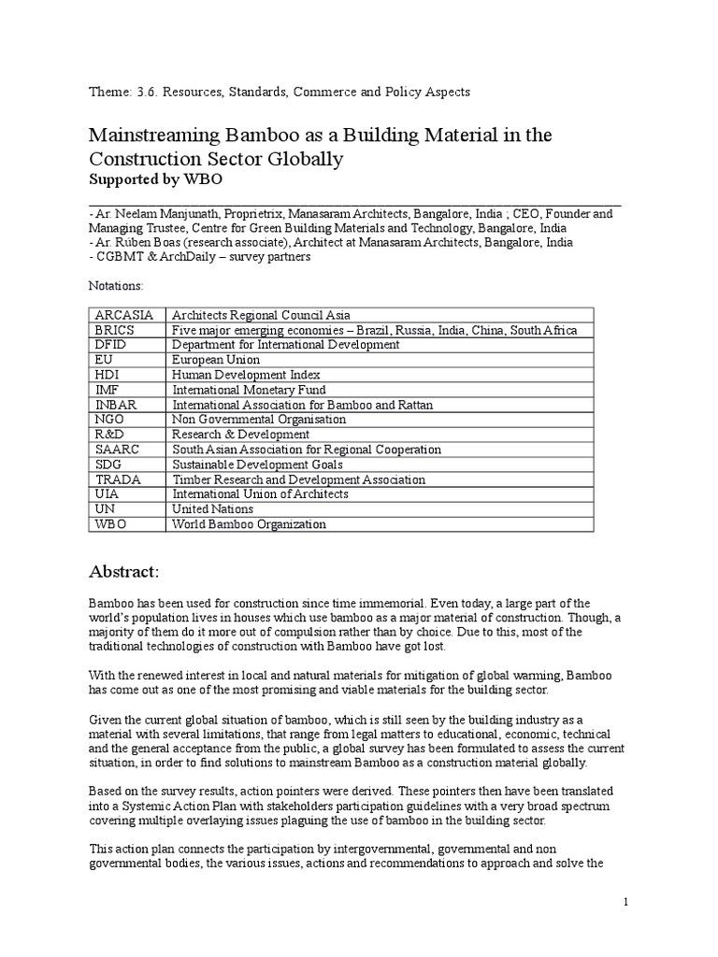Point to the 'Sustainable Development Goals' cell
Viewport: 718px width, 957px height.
(257, 464)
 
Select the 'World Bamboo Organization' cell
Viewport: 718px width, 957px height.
(249, 524)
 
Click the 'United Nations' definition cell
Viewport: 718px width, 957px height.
(212, 509)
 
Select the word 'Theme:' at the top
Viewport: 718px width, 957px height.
(108, 92)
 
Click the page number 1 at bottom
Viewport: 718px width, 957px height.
(626, 901)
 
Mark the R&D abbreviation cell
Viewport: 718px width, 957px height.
(108, 435)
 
